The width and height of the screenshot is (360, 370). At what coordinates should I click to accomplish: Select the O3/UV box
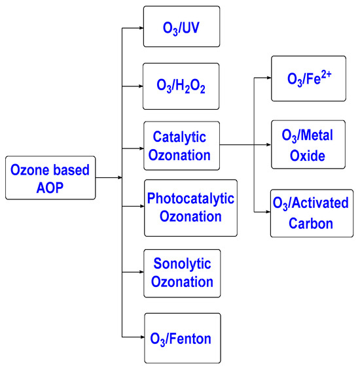pos(182,27)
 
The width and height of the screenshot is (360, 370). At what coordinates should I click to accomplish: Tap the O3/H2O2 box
pos(182,83)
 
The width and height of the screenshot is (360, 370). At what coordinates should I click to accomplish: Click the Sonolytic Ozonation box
pos(182,273)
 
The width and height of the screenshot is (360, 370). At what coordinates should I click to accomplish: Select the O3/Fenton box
pos(182,338)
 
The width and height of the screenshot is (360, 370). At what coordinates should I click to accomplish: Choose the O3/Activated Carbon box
pos(311,212)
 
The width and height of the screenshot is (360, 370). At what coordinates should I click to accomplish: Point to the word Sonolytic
pos(183,264)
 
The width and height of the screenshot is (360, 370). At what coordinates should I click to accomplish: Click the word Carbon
pos(313,223)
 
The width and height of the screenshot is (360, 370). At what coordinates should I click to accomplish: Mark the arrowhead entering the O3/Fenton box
pos(140,337)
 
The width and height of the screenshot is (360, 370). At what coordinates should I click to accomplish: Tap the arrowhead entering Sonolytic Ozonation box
pos(140,273)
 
